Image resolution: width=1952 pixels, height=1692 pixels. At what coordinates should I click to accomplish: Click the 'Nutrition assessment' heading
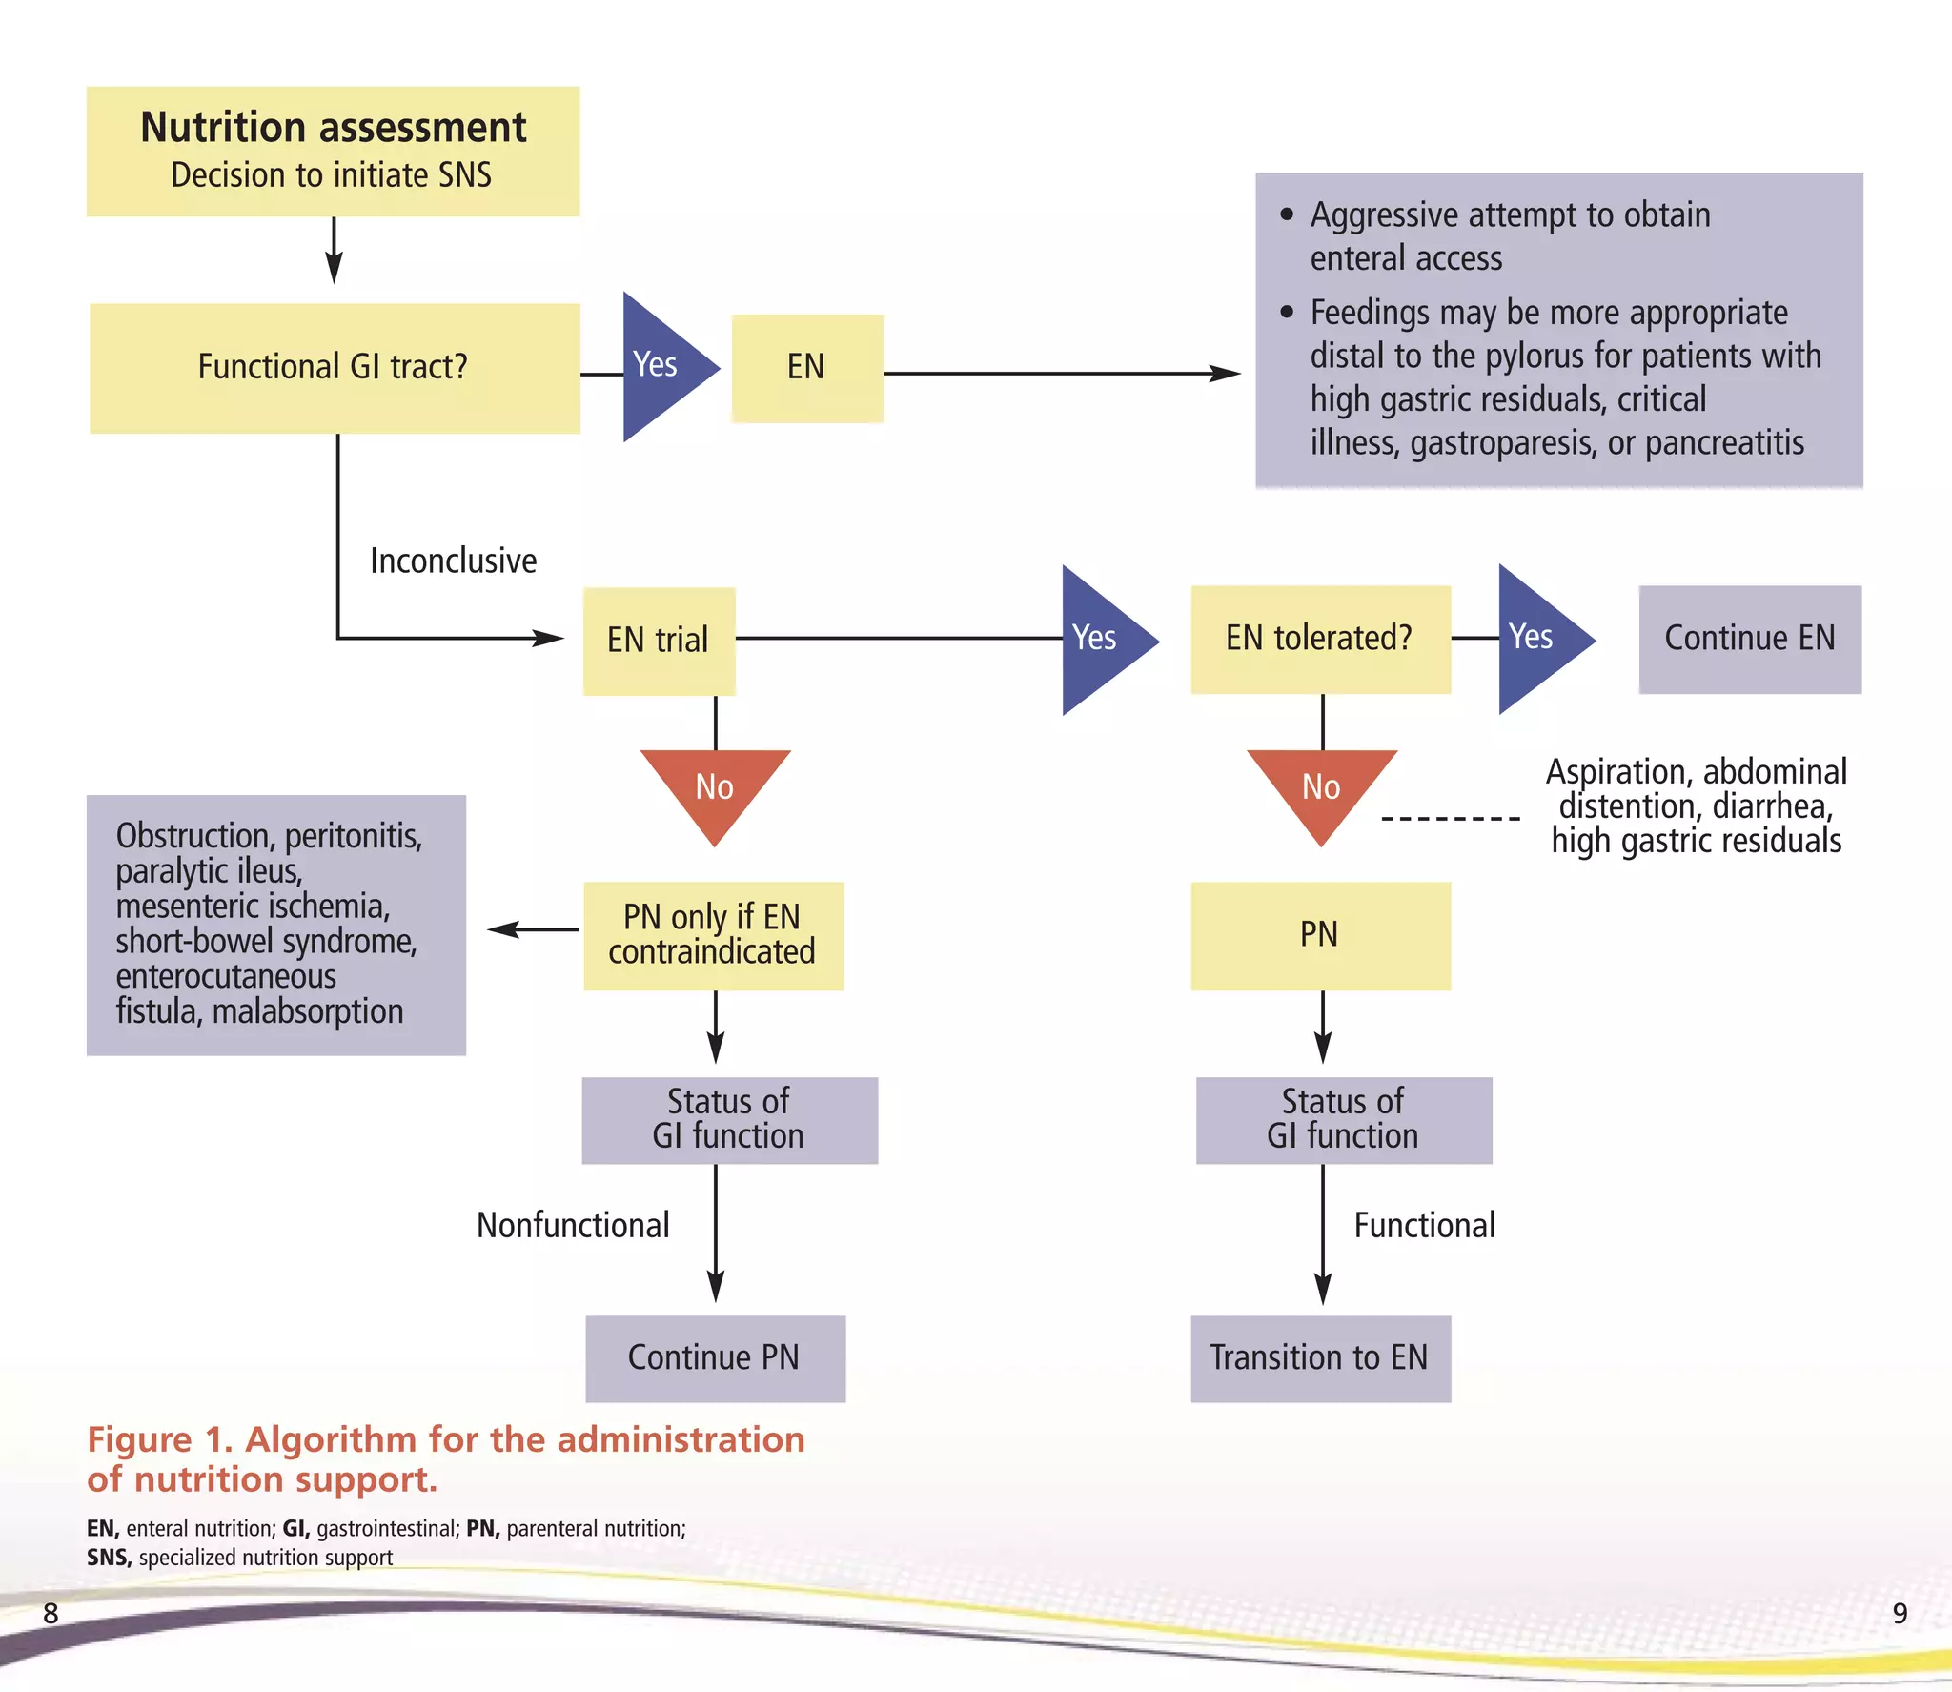[333, 128]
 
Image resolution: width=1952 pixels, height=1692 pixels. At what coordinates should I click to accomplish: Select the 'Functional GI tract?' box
[334, 368]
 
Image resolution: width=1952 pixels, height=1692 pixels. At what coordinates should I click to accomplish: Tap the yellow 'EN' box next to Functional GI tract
[806, 368]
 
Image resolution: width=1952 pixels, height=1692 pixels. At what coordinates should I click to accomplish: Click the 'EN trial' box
[658, 640]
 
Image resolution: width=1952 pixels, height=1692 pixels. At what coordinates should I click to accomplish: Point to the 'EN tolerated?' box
[1319, 639]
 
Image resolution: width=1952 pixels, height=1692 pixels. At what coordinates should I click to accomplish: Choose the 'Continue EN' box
[1749, 639]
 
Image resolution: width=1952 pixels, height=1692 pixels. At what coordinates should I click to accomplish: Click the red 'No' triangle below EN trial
[715, 789]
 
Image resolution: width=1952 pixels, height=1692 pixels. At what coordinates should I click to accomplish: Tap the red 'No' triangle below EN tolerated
[1321, 789]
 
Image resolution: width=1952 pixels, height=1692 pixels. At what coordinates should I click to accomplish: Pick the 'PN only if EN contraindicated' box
[712, 935]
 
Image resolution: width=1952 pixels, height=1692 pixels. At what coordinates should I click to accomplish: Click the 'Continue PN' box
[714, 1357]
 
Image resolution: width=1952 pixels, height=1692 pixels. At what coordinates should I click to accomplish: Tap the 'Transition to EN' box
[1319, 1357]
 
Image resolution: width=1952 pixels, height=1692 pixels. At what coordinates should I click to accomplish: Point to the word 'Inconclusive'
[453, 561]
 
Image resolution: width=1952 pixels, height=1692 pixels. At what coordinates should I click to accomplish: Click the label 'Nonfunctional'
[573, 1226]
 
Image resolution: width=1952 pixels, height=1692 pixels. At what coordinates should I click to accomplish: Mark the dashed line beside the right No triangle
[1450, 819]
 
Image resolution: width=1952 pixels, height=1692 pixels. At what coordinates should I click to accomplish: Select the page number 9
[1900, 1613]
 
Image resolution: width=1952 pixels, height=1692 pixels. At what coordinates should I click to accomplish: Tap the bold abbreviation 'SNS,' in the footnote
[109, 1558]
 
